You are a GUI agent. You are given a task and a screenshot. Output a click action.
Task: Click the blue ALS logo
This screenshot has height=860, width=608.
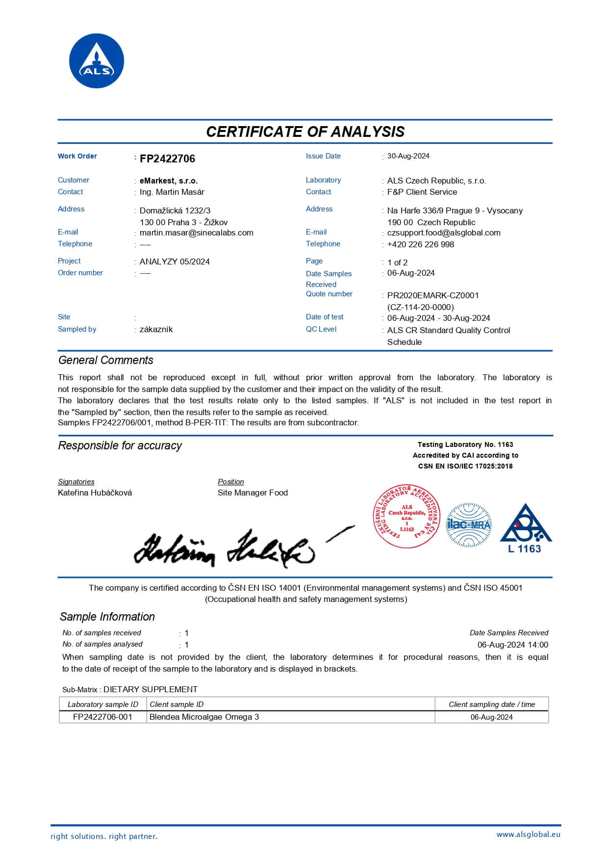97,61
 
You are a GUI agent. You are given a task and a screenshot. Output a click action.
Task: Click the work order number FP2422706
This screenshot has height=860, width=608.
167,158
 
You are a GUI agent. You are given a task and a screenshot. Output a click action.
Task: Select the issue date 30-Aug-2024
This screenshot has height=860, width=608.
408,156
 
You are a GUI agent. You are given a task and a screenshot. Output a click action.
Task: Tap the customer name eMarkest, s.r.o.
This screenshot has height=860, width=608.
169,181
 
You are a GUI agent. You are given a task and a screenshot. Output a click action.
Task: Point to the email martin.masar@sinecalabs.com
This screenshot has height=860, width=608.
196,233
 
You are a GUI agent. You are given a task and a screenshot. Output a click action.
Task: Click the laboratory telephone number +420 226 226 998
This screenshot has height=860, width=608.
420,244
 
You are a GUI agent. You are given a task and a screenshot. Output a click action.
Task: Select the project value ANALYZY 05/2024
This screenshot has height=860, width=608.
175,261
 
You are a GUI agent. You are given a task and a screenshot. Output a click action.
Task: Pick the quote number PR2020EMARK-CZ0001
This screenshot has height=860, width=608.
432,295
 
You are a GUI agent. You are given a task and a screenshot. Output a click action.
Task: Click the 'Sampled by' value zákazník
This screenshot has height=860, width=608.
156,329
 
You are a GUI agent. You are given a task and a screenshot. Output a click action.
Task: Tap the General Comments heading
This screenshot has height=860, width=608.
105,360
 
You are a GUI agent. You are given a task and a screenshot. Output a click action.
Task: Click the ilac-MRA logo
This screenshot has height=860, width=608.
468,524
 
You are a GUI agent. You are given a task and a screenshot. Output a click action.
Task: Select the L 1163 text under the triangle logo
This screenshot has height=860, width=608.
524,549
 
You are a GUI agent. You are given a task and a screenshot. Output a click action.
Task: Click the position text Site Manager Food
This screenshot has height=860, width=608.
253,493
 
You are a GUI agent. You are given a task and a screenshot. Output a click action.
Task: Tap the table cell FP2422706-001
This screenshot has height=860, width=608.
102,717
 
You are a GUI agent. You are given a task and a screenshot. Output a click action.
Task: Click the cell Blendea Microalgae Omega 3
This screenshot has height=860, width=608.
204,717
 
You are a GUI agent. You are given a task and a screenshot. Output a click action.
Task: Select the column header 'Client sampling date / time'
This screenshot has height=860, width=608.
491,704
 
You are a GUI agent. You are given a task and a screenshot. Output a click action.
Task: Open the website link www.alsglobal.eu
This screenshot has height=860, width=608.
528,834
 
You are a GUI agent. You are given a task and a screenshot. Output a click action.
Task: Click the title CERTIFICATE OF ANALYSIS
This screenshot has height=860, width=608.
305,131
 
